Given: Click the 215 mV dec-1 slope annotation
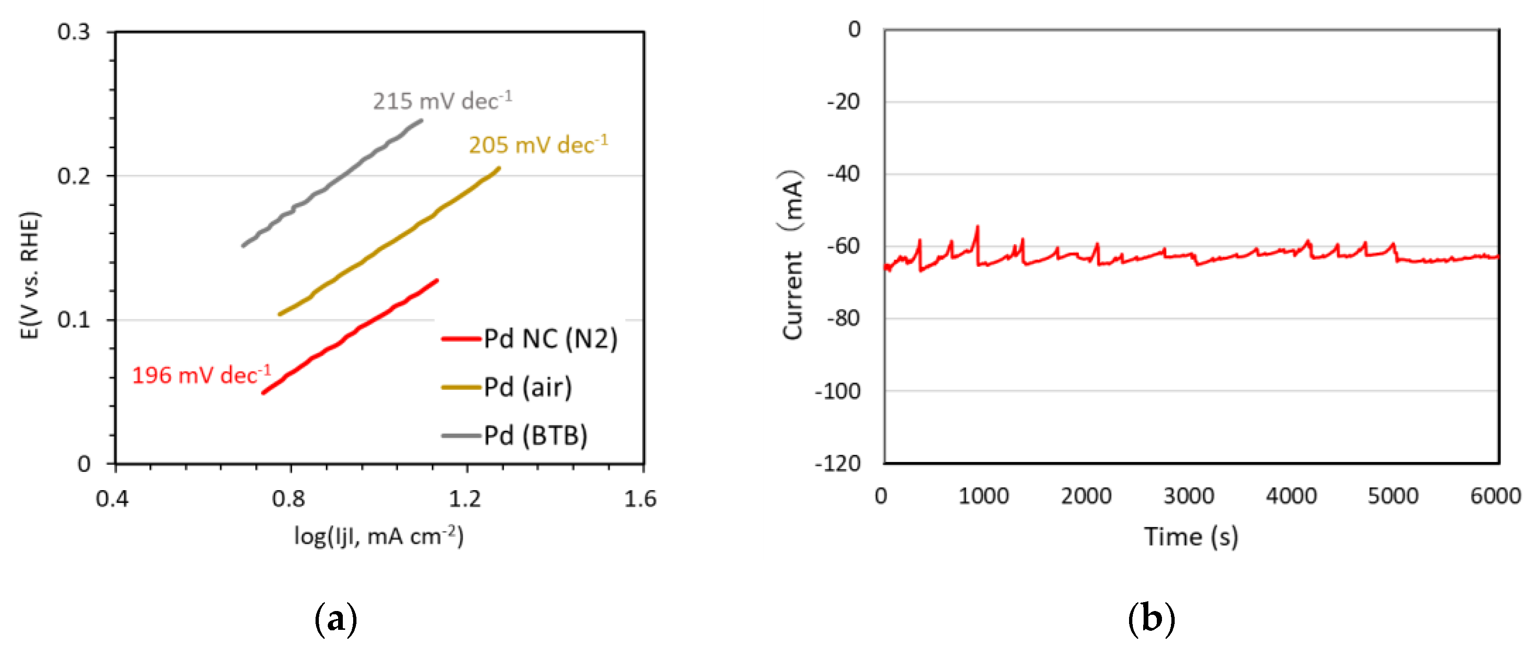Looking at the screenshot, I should pos(442,101).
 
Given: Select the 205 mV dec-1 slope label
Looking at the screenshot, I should pos(538,144).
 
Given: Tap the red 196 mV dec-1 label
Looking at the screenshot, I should pos(201,375).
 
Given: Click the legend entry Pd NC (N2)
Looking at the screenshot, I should pos(529,339).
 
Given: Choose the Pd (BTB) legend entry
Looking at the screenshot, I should pos(515,436).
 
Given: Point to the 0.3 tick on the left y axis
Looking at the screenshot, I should pos(74,32).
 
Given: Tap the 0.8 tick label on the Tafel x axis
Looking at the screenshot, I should pos(289,498).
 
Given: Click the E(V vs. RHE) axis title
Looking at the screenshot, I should pos(29,275).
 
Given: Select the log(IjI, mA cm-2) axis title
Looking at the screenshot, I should pos(379,536).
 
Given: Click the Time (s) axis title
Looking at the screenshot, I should pos(1191,536).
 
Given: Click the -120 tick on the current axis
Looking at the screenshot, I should pos(838,463).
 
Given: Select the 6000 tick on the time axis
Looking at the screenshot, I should pos(1495,496).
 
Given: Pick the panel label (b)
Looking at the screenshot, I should pos(1151,619).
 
